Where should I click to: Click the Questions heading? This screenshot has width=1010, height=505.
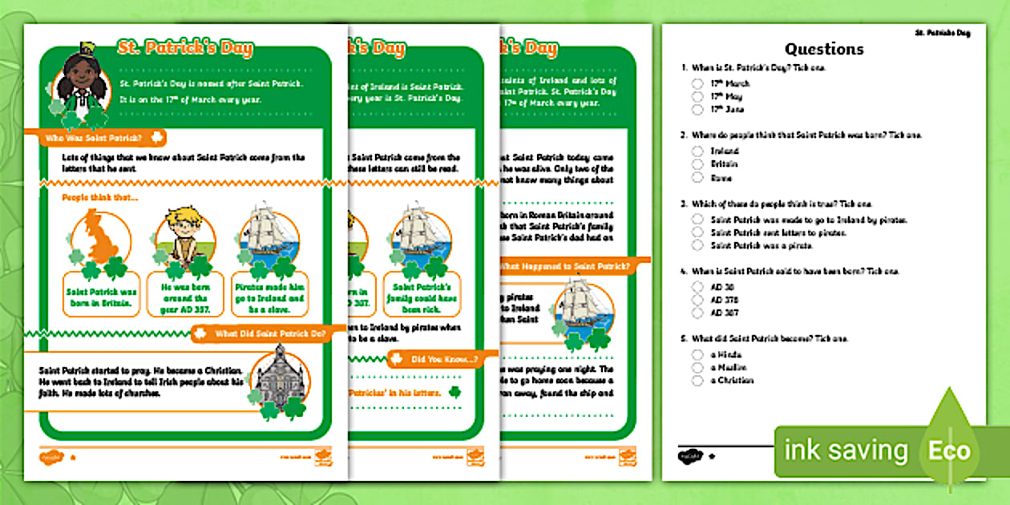pyautogui.click(x=824, y=49)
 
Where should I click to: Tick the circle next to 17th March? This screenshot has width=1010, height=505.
pyautogui.click(x=698, y=83)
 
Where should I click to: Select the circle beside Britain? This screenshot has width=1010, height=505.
pyautogui.click(x=698, y=164)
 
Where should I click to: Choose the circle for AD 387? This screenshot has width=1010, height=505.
pyautogui.click(x=698, y=313)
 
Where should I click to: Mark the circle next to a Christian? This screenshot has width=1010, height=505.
pyautogui.click(x=698, y=380)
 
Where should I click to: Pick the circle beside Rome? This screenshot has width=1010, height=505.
pyautogui.click(x=698, y=177)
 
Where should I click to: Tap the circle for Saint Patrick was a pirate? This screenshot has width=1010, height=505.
pyautogui.click(x=698, y=245)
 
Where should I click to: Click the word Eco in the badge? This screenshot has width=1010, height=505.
pyautogui.click(x=950, y=450)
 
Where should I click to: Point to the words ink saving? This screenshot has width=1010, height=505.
pyautogui.click(x=846, y=450)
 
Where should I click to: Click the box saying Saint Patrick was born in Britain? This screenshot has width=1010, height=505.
pyautogui.click(x=102, y=297)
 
